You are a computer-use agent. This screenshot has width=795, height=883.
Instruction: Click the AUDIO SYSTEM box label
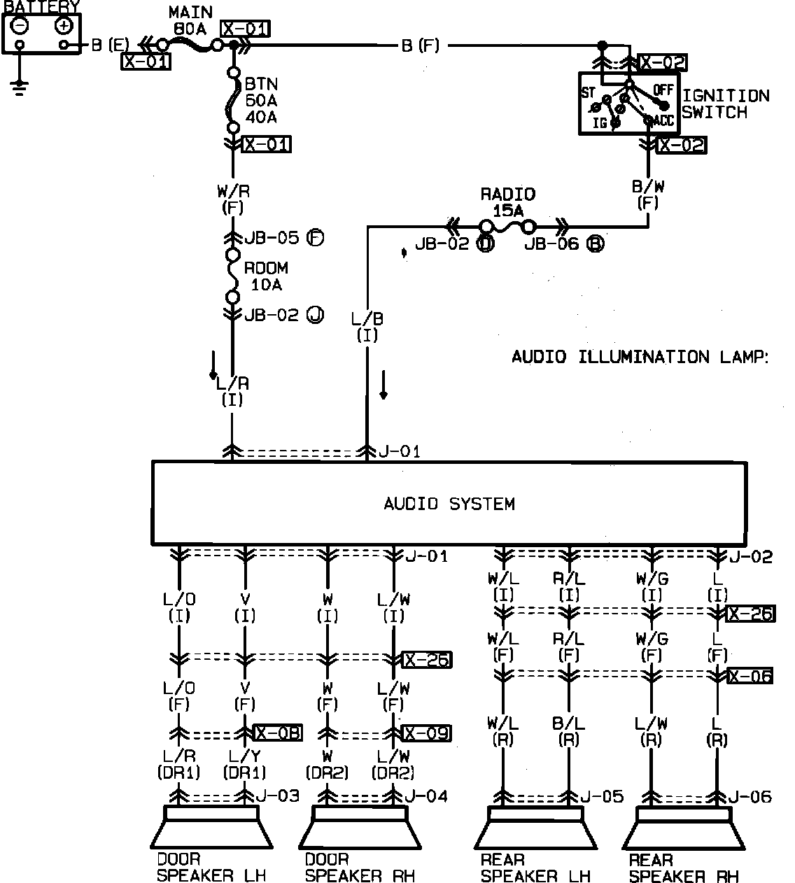tap(449, 504)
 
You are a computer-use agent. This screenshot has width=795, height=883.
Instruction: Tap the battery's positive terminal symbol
tap(64, 26)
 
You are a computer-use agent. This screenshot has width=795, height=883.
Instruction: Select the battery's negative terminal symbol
tap(20, 26)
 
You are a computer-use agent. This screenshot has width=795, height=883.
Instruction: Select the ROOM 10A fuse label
tap(266, 276)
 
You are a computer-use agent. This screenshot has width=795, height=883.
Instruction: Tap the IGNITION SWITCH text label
tap(725, 104)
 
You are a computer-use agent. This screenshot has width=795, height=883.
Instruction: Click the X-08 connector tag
tap(277, 733)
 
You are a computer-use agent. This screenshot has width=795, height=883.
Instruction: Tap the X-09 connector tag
tap(426, 733)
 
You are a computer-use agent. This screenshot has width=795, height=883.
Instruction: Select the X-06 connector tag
tap(750, 676)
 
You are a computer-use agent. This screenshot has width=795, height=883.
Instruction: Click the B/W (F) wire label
tap(647, 195)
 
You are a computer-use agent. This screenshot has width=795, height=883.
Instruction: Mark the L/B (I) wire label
tap(367, 327)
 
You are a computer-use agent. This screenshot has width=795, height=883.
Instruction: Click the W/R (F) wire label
tap(232, 199)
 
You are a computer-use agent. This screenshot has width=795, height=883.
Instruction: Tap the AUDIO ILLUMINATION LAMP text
tap(640, 357)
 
